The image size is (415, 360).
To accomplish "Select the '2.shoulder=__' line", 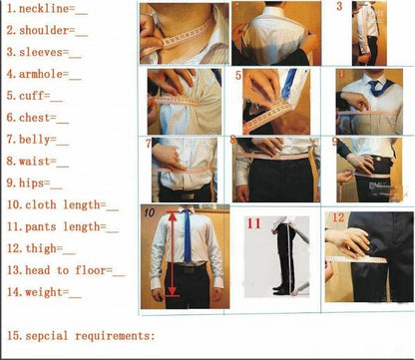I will click(x=46, y=31).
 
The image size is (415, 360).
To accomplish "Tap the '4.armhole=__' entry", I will click(x=44, y=75).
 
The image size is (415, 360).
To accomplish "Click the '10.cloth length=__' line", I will click(x=62, y=205).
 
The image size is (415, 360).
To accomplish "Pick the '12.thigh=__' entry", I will click(x=40, y=248).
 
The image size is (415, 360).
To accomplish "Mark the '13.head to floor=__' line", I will click(x=65, y=270).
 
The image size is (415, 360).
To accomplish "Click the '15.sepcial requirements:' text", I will click(x=80, y=335).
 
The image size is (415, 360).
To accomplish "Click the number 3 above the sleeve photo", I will click(x=339, y=7).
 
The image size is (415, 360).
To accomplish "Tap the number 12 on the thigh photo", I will click(x=338, y=218).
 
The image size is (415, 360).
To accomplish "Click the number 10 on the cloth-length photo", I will click(x=148, y=212).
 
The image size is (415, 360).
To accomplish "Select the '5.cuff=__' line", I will click(x=34, y=97).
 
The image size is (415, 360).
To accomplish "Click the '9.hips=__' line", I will click(x=34, y=183).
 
